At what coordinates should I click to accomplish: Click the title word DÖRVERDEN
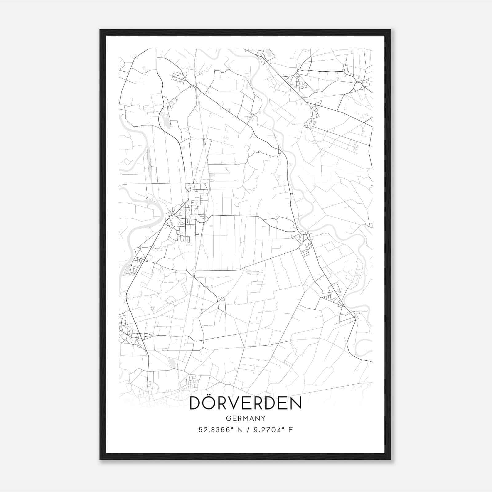tap(246, 403)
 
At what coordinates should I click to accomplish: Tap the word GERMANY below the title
tap(246, 418)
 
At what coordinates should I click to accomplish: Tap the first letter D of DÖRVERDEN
tap(196, 403)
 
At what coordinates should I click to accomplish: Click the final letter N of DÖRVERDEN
tap(295, 403)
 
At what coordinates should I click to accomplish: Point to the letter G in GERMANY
tap(228, 418)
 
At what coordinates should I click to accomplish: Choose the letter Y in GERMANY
tap(264, 418)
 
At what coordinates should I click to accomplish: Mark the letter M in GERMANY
tap(246, 418)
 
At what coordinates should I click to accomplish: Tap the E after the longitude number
tap(291, 430)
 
